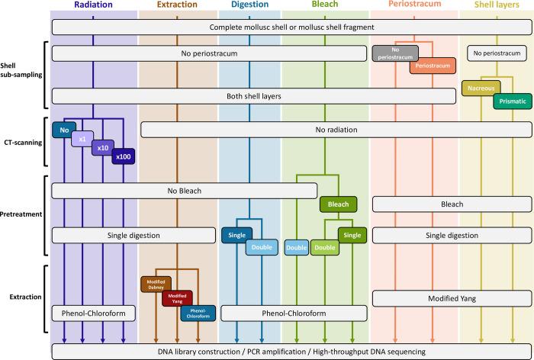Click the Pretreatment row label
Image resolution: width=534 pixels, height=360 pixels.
(24, 216)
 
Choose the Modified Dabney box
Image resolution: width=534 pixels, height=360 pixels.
(158, 284)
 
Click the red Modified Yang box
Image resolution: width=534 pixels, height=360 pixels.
(177, 299)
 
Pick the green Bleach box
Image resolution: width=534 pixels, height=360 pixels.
(338, 204)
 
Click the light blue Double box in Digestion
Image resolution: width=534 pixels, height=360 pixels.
(262, 247)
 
